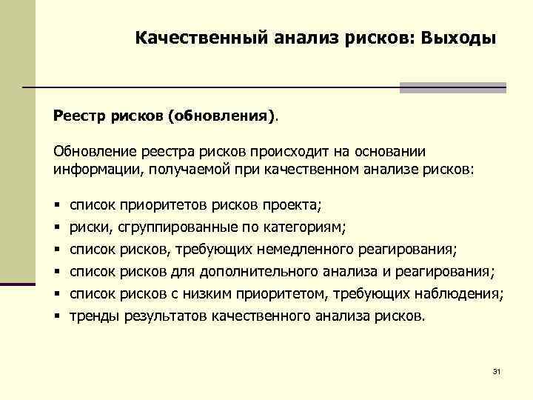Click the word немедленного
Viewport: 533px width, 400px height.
pyautogui.click(x=313, y=249)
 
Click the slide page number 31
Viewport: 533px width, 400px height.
pyautogui.click(x=497, y=371)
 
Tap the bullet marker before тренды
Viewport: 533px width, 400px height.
pyautogui.click(x=56, y=317)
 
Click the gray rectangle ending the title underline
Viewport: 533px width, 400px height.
pyautogui.click(x=453, y=88)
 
